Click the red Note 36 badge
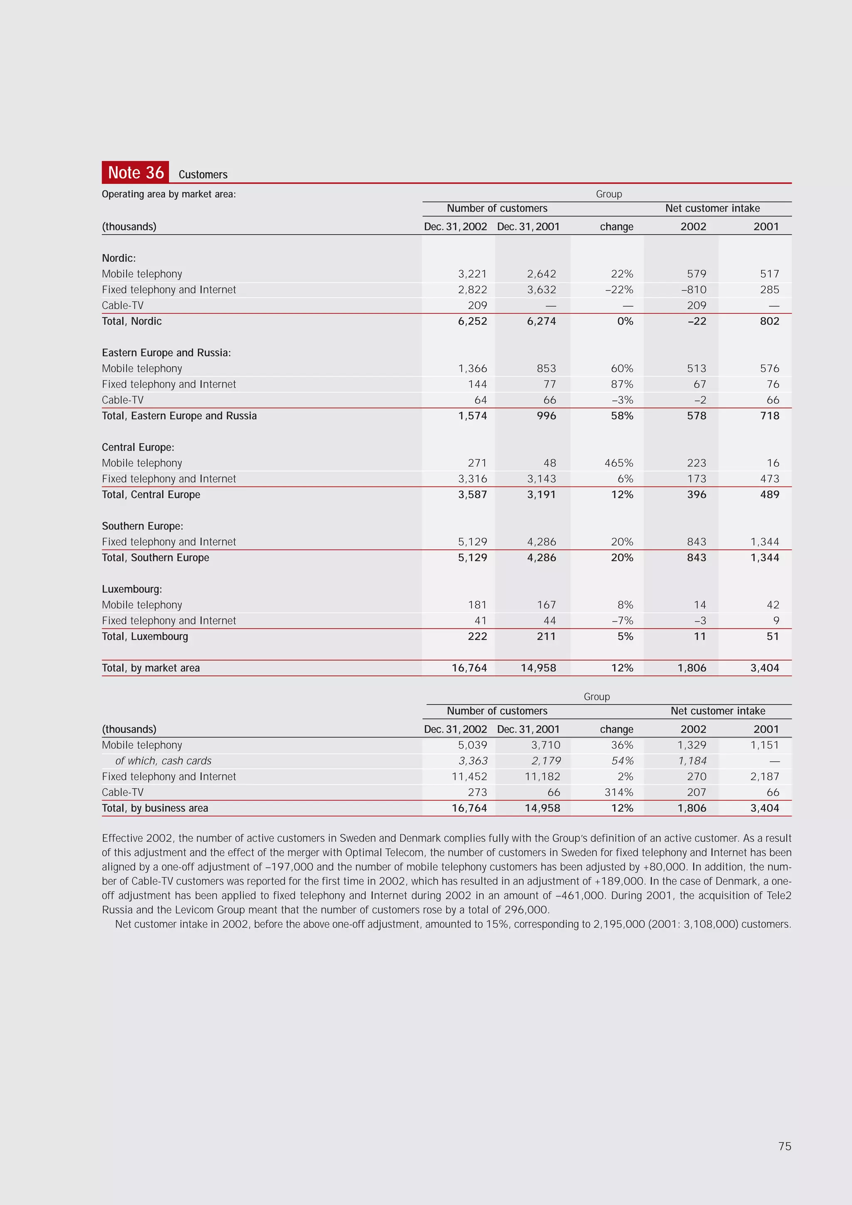pos(135,172)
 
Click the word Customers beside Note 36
pos(203,175)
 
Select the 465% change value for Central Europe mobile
pos(619,463)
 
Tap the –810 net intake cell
pos(693,290)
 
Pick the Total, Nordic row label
pos(132,321)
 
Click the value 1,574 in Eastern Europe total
pos(472,416)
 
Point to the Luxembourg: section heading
pos(132,589)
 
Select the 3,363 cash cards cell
pos(473,760)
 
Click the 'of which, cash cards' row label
pos(163,760)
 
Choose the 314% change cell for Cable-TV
pos(619,792)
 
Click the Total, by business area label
pos(155,808)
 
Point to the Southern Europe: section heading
pos(142,526)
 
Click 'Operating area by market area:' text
pos(168,194)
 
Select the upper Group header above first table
pos(609,194)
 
